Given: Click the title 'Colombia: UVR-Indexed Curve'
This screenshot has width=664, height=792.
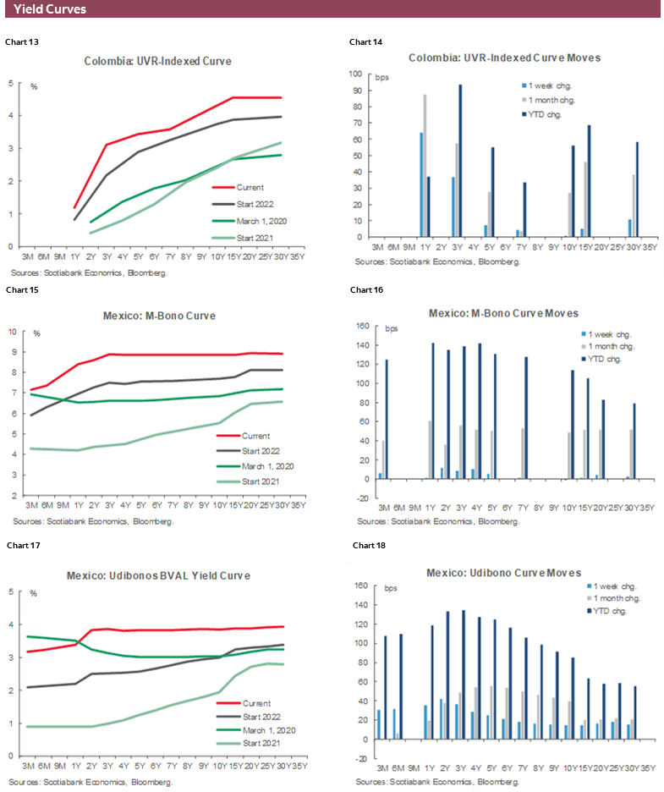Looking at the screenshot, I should [157, 61].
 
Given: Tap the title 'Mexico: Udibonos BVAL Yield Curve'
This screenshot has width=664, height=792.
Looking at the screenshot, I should [158, 575].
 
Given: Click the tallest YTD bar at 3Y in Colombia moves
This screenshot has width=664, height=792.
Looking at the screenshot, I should [460, 166].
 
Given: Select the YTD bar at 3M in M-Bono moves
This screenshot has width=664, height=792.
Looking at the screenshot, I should [387, 419].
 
